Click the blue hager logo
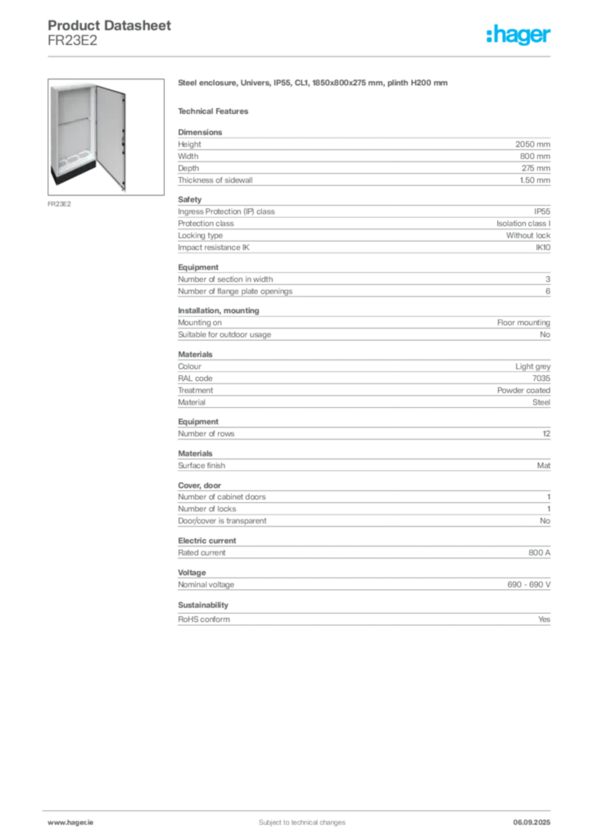[x=519, y=36]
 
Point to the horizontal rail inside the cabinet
[x=74, y=120]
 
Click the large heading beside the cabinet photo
[x=314, y=84]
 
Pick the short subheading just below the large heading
[x=216, y=111]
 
